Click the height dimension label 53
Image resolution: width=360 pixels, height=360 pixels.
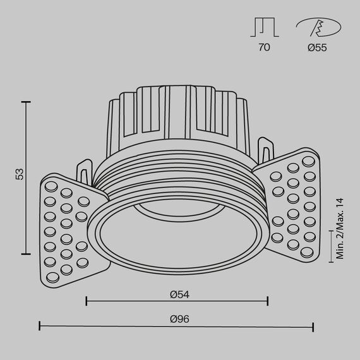pos(20,174)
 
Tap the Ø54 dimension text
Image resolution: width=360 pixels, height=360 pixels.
pos(180,294)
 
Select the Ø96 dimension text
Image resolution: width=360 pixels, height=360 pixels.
pos(180,319)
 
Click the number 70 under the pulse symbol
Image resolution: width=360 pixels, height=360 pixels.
pos(263,48)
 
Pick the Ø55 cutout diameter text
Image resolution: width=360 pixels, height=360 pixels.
pos(317,48)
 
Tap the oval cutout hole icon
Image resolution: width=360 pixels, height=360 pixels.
pos(317,28)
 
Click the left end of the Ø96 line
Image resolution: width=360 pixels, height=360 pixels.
pos(40,327)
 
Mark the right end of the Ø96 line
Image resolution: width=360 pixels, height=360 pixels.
pos(313,327)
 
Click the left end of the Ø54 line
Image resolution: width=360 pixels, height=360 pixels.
pos(86,301)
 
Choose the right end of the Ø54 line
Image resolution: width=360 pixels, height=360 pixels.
pos(268,301)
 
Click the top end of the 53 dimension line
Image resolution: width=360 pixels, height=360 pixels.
pos(26,101)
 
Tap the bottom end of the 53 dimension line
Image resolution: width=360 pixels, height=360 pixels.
pos(26,254)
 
